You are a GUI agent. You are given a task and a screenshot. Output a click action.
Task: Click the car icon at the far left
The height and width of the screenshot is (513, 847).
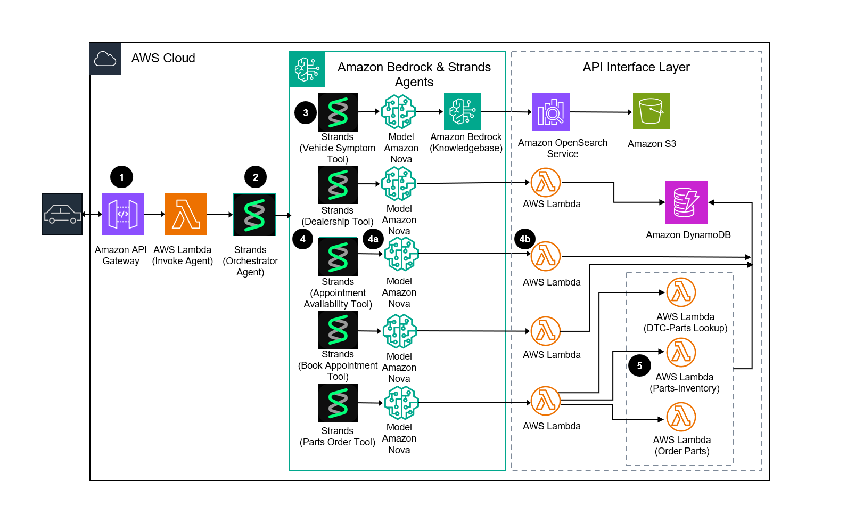[62, 214]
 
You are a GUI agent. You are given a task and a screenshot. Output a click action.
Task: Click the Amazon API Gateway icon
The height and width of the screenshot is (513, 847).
[123, 214]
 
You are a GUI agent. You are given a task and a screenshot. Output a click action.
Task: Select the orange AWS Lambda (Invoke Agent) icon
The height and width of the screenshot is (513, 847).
[186, 214]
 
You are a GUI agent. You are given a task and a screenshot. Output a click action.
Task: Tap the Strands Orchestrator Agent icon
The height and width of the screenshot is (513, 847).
[254, 215]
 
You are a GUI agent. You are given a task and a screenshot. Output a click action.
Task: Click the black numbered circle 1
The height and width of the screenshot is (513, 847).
[121, 177]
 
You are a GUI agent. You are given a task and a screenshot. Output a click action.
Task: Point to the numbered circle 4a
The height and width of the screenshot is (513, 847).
[373, 239]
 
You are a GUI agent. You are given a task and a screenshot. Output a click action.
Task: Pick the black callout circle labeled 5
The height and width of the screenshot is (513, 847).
[639, 365]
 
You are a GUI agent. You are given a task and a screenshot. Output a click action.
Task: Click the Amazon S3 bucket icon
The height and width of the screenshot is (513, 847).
[651, 111]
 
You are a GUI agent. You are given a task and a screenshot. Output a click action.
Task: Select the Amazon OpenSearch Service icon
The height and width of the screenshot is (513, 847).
[550, 112]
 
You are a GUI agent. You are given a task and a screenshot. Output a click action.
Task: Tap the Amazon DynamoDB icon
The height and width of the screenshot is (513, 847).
[687, 202]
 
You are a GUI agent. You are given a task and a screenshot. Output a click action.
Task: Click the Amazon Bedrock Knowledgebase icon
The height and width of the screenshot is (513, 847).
[463, 111]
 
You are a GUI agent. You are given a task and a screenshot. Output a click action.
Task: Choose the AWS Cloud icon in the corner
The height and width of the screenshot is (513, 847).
[105, 59]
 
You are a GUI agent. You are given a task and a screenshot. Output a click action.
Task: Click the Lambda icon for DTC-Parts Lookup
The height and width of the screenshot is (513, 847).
[681, 292]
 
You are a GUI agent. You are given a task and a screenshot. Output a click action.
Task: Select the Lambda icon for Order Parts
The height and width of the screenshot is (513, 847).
[681, 417]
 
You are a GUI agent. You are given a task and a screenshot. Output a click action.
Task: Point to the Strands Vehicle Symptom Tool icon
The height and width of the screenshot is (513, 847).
[338, 112]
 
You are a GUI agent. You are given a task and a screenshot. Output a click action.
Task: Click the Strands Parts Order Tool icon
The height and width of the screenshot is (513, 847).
[338, 403]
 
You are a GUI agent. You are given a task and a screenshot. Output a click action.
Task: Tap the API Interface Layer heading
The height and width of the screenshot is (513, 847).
[636, 67]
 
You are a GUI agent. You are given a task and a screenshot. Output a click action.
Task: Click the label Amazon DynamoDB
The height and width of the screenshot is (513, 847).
[688, 235]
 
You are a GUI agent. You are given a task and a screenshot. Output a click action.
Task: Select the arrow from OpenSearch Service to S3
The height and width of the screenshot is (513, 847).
[601, 112]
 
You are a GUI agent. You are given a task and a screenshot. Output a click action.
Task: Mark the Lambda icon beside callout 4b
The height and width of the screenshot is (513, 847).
[546, 256]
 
